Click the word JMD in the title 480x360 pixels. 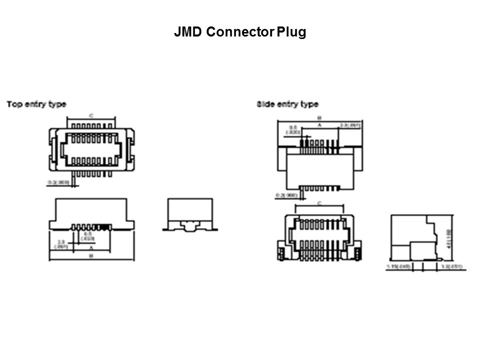pos(188,32)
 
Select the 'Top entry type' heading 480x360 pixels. pos(36,104)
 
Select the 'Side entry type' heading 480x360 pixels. pos(287,104)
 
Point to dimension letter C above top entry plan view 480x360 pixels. pos(91,115)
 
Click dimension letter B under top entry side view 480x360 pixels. pos(91,255)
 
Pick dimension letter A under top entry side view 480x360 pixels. pos(91,246)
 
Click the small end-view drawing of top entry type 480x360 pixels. pos(190,215)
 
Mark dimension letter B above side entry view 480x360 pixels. pos(319,118)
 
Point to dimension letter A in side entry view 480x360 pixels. pos(319,124)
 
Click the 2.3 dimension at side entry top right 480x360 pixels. pos(350,124)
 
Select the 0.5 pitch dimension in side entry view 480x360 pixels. pos(292,130)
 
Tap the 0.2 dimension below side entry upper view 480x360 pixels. pos(286,193)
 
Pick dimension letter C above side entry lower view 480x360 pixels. pos(319,202)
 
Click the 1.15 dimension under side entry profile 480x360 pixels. pos(398,267)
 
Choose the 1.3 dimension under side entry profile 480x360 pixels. pos(452,267)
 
